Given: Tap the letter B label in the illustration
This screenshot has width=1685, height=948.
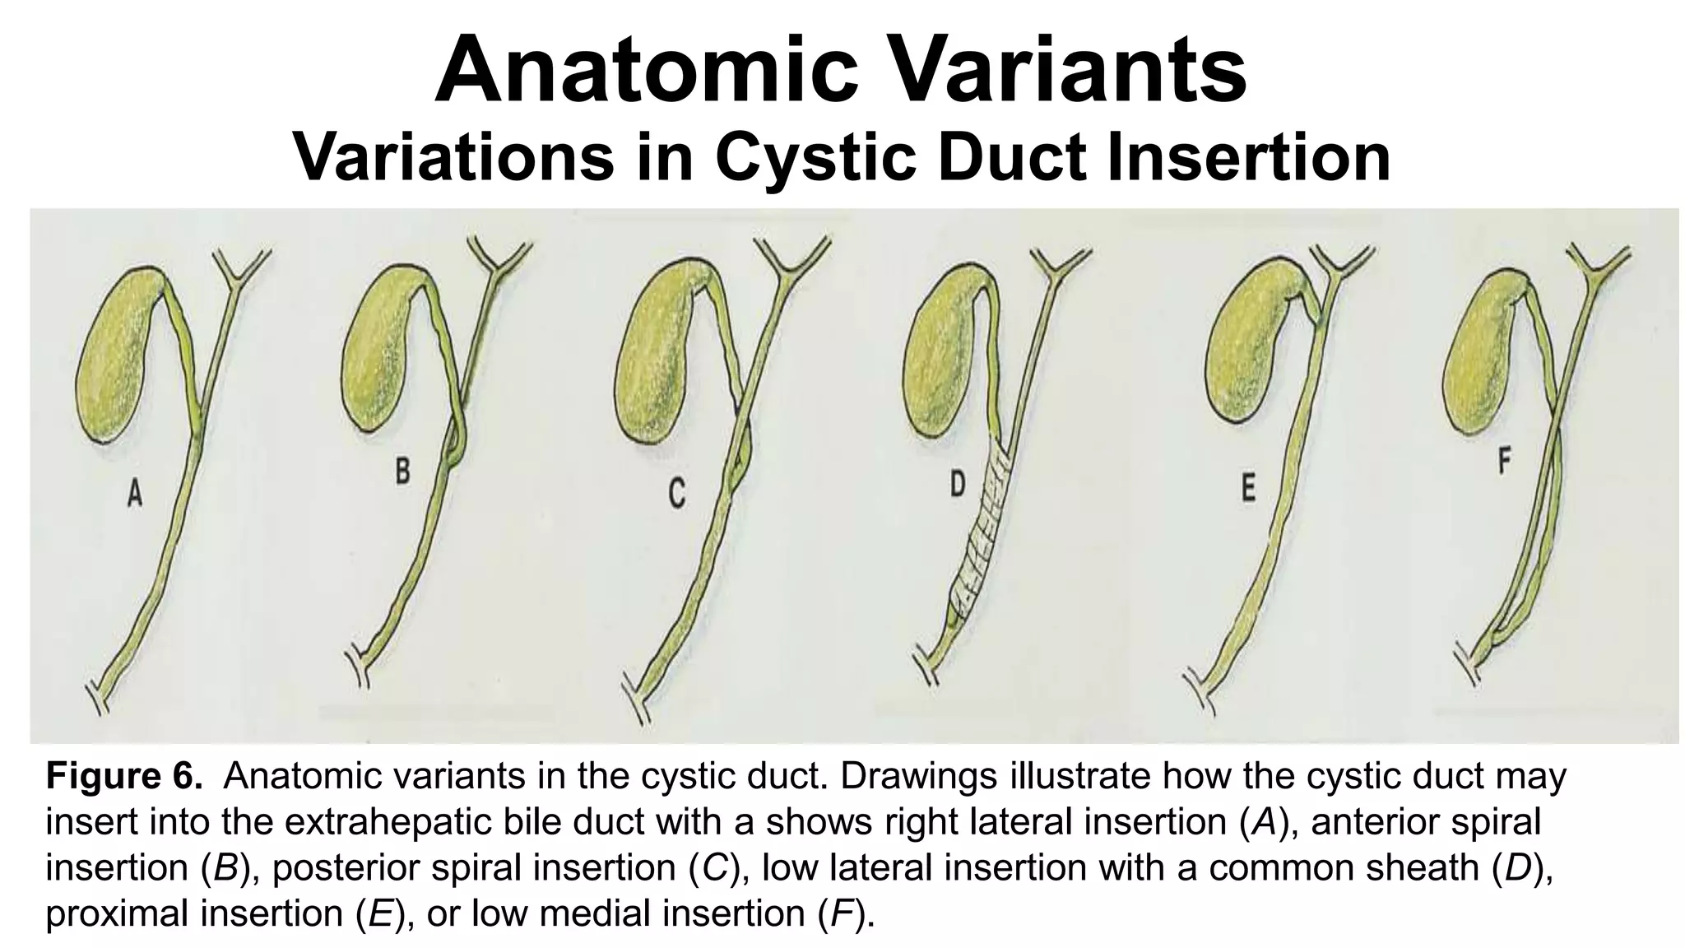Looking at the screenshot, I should pos(402,472).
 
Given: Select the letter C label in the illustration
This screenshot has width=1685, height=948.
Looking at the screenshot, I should pos(676,495).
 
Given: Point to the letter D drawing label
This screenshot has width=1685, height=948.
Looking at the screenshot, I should pos(957,485).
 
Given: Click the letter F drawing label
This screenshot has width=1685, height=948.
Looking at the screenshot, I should pos(1503,462).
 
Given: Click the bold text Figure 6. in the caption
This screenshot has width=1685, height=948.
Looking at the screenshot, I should pos(123,776).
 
